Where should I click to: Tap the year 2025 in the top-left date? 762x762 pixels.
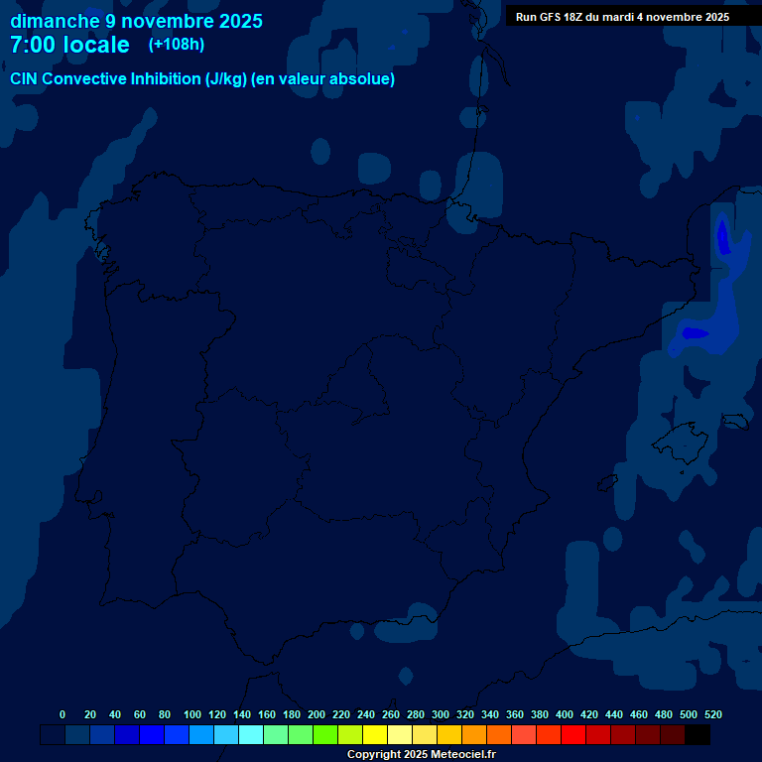[x=235, y=21]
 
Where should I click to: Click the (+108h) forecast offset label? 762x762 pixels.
[x=177, y=45]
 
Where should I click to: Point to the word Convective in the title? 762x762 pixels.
[x=83, y=79]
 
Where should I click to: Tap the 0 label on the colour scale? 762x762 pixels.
[x=63, y=715]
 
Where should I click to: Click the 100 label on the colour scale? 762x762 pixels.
[x=191, y=715]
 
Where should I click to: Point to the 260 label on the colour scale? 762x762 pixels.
[x=391, y=715]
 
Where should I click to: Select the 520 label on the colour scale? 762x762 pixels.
[x=712, y=715]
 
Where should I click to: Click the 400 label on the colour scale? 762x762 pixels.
[x=565, y=715]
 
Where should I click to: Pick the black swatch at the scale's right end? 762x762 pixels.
[x=698, y=735]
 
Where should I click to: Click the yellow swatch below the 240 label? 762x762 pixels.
[x=375, y=735]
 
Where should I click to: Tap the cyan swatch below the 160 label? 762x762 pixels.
[x=276, y=735]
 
